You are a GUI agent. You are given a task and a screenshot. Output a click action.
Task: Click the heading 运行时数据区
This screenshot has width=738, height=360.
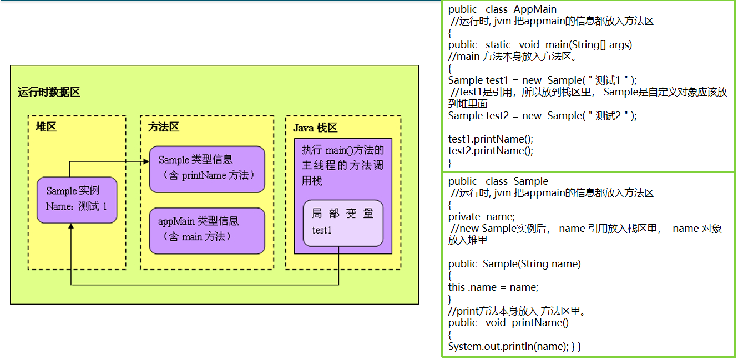[x=49, y=92]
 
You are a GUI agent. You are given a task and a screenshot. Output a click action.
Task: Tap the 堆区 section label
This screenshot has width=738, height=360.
[x=46, y=127]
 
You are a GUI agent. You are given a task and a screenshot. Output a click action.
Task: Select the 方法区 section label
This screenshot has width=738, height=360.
[x=164, y=127]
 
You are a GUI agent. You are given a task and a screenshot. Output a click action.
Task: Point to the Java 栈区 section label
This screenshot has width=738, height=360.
[x=315, y=128]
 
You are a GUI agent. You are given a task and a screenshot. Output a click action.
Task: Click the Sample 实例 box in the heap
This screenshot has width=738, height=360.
[x=77, y=200]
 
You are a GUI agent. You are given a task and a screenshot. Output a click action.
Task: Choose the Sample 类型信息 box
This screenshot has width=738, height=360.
[x=206, y=169]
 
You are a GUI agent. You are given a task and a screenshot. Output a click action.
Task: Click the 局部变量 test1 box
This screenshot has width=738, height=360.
[x=343, y=222]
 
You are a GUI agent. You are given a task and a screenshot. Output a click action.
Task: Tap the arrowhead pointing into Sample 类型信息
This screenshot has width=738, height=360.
[x=146, y=161]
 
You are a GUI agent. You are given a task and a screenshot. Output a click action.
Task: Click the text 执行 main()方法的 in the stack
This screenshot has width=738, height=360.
[x=342, y=150]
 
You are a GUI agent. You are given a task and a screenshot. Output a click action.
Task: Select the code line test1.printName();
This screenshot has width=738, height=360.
[x=490, y=139]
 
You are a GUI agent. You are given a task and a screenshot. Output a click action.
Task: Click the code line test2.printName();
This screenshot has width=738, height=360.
[x=490, y=151]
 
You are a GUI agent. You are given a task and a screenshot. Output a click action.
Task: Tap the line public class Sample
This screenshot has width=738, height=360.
[x=498, y=181]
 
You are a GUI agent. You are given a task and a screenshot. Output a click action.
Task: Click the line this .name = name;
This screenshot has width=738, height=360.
[x=493, y=287]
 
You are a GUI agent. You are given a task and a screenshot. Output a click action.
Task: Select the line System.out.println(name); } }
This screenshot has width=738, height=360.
[x=514, y=347]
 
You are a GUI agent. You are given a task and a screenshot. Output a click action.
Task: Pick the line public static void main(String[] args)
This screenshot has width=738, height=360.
[x=540, y=45]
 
